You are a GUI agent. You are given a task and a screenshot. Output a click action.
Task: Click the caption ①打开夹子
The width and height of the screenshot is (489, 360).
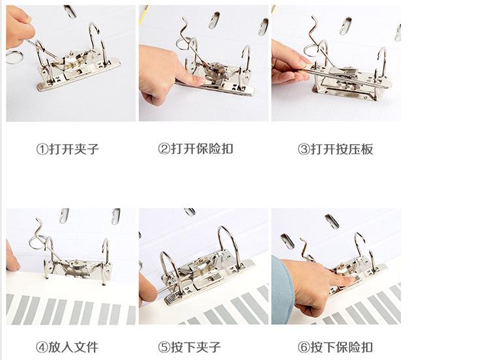(68, 149)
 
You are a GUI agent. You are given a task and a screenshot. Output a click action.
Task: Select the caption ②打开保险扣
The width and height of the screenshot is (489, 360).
(196, 149)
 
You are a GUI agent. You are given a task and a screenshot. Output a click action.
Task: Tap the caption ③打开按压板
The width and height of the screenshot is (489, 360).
(335, 149)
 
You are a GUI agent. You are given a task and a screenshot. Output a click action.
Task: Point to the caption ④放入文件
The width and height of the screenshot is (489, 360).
(67, 347)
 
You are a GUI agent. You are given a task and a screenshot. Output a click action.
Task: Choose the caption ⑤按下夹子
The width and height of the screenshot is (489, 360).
(189, 347)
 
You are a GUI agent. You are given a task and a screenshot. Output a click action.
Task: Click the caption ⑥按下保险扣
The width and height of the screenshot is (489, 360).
(335, 347)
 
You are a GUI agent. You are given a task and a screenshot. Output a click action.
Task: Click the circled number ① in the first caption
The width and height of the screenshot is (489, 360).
(42, 149)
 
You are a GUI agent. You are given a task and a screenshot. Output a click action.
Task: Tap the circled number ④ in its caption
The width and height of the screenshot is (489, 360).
(42, 347)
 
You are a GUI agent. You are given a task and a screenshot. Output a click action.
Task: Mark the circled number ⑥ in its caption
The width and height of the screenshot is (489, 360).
(303, 347)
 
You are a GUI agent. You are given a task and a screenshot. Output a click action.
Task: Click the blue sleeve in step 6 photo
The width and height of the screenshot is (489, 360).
(282, 290)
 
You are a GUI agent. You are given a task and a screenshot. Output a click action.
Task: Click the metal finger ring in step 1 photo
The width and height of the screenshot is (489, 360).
(14, 57)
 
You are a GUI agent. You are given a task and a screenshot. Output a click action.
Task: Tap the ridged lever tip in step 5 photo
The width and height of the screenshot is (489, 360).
(171, 299)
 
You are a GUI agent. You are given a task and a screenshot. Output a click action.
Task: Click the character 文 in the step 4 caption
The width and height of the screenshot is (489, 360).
(79, 347)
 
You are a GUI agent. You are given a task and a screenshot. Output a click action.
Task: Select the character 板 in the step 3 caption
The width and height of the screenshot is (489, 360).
(367, 149)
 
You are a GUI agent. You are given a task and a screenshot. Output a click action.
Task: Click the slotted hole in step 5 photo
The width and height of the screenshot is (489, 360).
(190, 212)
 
